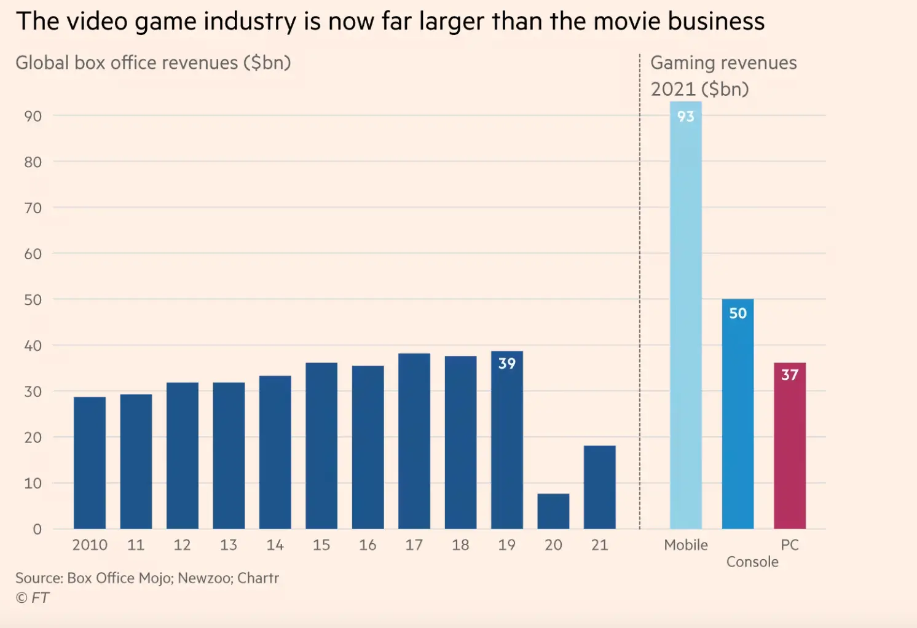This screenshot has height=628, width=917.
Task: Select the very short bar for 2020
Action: [x=553, y=511]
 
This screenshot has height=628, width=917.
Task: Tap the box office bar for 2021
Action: [x=599, y=487]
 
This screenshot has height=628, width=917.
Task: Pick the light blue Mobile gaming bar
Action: [x=685, y=320]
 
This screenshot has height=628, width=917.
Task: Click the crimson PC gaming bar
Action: [x=789, y=449]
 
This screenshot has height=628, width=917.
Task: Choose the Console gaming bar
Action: [x=738, y=418]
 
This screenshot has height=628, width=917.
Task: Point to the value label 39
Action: [x=507, y=364]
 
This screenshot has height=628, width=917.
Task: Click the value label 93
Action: [x=685, y=117]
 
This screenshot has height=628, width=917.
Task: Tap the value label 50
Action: [x=738, y=313]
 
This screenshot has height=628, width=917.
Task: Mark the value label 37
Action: [x=790, y=375]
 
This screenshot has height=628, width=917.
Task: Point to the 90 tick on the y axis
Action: [x=33, y=116]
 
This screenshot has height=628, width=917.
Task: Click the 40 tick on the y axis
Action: [x=33, y=346]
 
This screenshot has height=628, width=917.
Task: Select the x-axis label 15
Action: [x=321, y=545]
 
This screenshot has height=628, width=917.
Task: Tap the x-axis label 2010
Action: [x=90, y=545]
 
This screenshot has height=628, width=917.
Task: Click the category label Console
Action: [x=752, y=562]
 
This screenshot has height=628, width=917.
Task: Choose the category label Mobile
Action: [x=686, y=545]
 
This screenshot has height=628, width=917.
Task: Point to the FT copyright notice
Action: [x=33, y=598]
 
